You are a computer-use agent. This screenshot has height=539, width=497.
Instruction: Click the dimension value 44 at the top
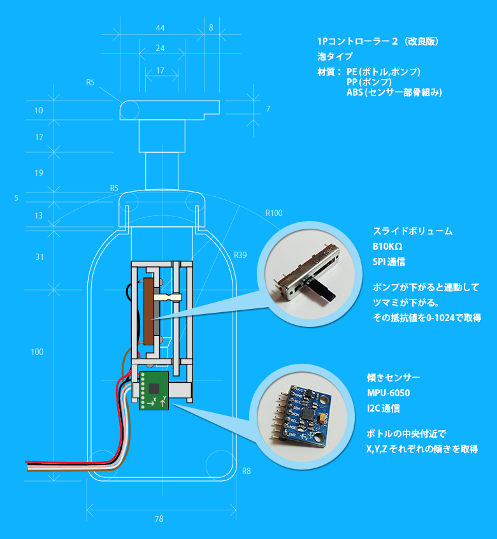[160, 28]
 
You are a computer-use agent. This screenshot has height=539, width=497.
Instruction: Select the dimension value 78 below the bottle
[159, 519]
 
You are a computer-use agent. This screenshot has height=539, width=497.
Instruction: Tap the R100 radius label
[273, 213]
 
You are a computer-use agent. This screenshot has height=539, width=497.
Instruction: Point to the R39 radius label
[240, 255]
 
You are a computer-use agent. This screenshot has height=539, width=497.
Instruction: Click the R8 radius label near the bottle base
[247, 471]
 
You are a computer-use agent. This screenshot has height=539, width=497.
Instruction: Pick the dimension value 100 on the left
[38, 352]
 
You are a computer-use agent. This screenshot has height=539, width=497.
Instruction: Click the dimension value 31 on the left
[40, 257]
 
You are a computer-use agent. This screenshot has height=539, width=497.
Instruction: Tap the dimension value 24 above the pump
[160, 48]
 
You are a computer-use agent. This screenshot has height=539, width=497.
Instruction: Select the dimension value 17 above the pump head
[160, 70]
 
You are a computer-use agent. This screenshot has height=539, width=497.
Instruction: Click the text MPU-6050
[389, 392]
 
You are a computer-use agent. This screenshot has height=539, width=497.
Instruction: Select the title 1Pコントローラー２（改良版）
[377, 41]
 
